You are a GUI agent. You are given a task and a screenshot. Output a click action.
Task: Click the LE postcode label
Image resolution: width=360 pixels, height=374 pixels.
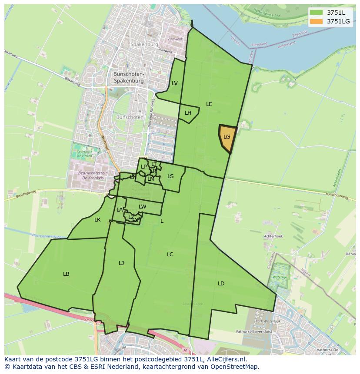point(209,104)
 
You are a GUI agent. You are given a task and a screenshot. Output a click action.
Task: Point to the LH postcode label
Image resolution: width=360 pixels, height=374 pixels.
point(188,113)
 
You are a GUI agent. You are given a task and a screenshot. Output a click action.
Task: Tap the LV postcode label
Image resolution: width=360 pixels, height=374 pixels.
point(174,83)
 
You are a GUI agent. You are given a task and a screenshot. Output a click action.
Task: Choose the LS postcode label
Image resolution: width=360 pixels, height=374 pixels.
point(170,176)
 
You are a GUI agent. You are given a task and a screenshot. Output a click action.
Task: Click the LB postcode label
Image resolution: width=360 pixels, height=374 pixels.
point(66,274)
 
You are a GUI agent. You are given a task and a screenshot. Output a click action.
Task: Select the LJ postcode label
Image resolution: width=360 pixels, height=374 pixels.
point(121,263)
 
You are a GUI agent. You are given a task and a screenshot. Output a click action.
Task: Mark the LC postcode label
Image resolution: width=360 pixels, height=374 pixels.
point(170,255)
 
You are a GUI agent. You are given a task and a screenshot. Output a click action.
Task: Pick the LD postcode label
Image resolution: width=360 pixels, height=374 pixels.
point(221,284)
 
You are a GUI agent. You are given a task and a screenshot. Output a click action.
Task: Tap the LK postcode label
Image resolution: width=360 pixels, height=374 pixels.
point(97,220)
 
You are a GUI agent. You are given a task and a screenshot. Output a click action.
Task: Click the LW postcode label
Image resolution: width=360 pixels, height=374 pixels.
point(142,207)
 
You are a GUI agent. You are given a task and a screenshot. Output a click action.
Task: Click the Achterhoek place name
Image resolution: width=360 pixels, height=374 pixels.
point(273,236)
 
